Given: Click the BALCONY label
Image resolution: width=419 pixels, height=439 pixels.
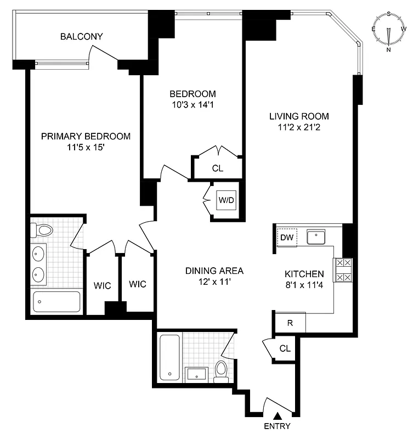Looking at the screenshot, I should pyautogui.click(x=82, y=37).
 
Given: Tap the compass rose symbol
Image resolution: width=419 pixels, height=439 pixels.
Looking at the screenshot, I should pyautogui.click(x=389, y=31).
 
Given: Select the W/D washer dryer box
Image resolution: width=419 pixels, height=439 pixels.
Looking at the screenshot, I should pyautogui.click(x=226, y=200).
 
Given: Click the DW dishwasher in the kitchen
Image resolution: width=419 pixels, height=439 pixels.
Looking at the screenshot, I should pyautogui.click(x=287, y=238).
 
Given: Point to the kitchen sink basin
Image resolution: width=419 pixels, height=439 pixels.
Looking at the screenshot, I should pyautogui.click(x=316, y=237).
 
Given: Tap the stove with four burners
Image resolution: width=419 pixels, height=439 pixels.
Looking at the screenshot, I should pyautogui.click(x=343, y=270).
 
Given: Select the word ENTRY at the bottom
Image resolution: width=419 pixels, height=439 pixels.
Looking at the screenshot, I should pyautogui.click(x=277, y=426).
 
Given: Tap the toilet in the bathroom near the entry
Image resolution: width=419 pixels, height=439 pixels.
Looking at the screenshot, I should pyautogui.click(x=222, y=371).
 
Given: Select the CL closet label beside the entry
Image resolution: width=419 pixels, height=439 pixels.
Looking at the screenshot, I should pyautogui.click(x=285, y=348).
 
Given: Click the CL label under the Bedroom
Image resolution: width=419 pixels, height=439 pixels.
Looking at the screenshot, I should pyautogui.click(x=217, y=168).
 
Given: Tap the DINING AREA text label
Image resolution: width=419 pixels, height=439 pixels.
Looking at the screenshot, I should pyautogui.click(x=214, y=271).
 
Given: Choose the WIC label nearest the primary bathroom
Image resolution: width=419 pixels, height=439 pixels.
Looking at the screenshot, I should pyautogui.click(x=102, y=286).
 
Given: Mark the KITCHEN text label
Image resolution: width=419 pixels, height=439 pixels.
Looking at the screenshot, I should pyautogui.click(x=304, y=274).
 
